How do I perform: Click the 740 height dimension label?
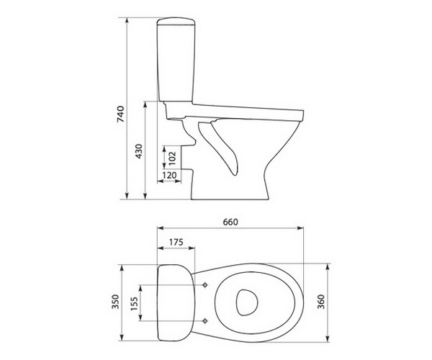121,114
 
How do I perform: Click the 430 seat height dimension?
139,151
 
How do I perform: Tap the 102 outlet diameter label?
172,158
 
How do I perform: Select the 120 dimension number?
169,175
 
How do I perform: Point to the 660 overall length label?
230,222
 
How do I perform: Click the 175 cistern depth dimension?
176,242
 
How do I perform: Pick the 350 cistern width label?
116,302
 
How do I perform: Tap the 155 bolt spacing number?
134,304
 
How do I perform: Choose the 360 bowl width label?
320,302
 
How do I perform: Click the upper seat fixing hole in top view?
204,285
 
